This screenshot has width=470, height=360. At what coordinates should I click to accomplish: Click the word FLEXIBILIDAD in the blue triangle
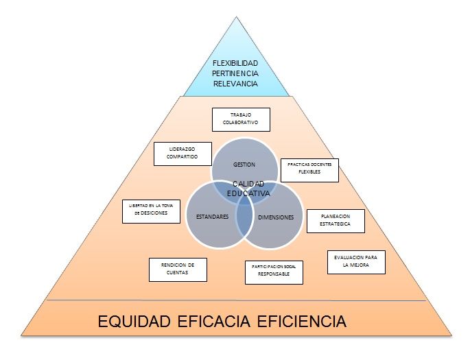tap(235, 63)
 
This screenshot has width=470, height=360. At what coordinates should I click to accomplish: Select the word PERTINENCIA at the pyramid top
tap(235, 73)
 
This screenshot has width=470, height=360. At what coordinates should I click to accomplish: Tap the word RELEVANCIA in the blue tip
tap(235, 84)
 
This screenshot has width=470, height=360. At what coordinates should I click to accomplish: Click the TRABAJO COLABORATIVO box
tap(240, 119)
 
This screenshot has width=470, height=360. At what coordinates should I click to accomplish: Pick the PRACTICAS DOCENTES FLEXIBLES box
tap(309, 170)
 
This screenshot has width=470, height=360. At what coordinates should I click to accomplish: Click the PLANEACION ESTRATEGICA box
tap(335, 220)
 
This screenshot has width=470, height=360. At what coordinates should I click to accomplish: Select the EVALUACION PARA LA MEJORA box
tap(356, 263)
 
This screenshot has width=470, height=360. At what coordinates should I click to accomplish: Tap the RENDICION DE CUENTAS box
tap(178, 269)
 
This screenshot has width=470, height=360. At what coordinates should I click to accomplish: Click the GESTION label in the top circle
tap(244, 165)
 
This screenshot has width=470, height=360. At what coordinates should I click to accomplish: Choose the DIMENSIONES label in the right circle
tap(276, 217)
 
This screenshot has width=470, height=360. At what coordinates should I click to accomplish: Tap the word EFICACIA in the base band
tap(220, 321)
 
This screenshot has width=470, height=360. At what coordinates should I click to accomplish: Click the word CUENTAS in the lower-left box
tap(178, 273)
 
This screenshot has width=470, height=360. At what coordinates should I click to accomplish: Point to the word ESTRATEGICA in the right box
tap(335, 224)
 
